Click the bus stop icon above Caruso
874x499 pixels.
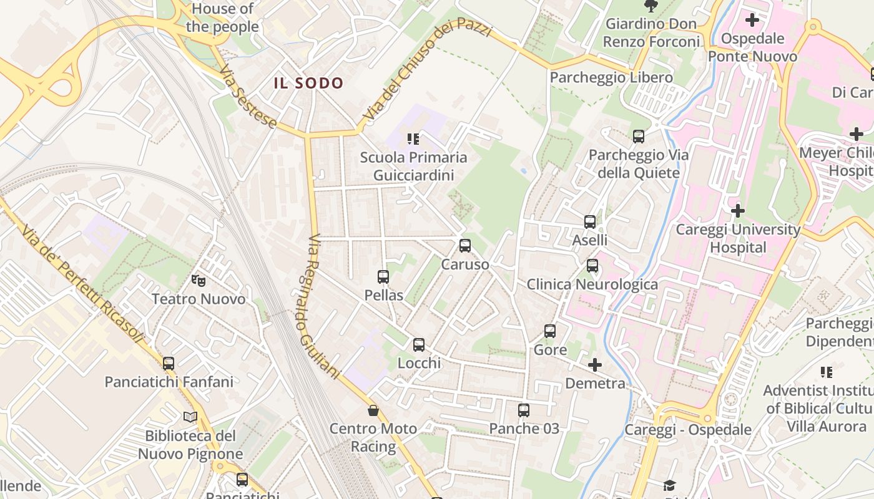click(465, 246)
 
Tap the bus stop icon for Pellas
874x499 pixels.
click(383, 276)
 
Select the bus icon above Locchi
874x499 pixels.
click(419, 344)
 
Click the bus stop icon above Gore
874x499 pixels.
click(550, 331)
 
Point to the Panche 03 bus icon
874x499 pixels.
click(524, 410)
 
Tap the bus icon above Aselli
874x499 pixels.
click(590, 221)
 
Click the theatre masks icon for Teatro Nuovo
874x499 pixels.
click(199, 281)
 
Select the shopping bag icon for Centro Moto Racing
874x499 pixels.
click(373, 410)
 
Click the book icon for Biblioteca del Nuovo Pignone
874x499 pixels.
click(190, 417)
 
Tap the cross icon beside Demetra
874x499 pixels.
click(595, 364)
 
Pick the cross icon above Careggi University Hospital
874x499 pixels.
click(738, 211)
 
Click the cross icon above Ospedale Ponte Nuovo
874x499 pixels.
click(752, 20)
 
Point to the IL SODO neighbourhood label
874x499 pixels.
click(308, 83)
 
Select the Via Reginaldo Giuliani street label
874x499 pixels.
click(324, 306)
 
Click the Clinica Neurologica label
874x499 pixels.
click(592, 284)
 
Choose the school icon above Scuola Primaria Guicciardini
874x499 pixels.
click(413, 138)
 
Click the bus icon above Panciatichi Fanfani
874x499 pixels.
click(169, 363)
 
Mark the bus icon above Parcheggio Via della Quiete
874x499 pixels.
click(639, 136)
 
